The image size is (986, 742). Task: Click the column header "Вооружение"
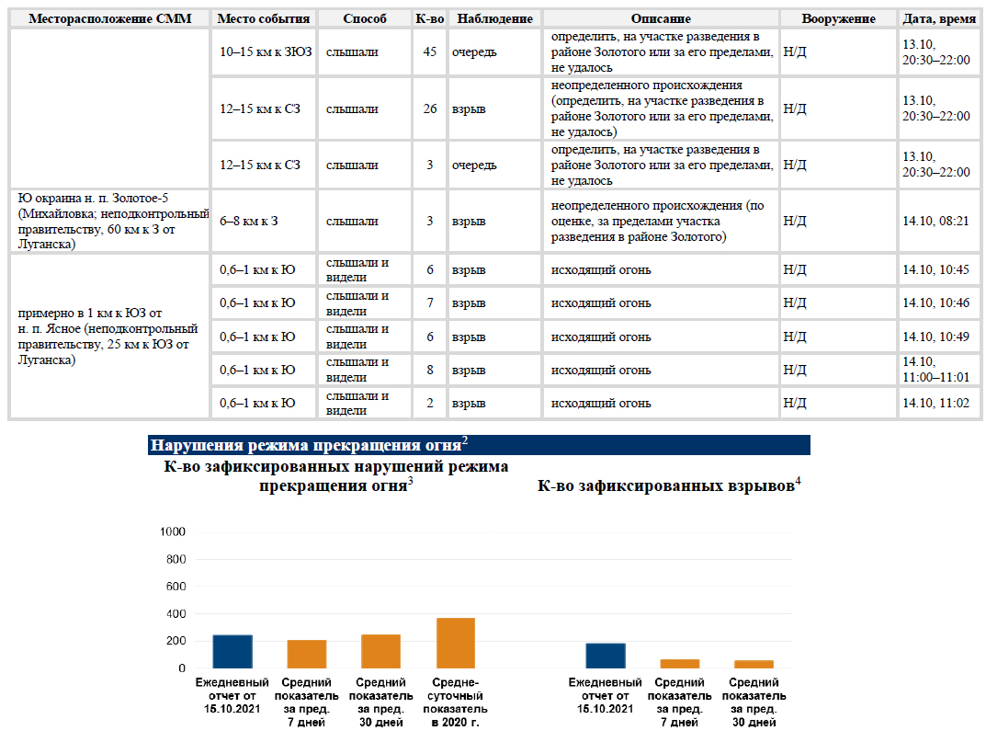coord(838,19)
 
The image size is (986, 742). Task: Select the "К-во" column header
coord(429,19)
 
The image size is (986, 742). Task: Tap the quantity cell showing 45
coord(429,51)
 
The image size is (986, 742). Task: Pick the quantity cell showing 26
coord(429,108)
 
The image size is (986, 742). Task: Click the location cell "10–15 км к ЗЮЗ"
coord(266,51)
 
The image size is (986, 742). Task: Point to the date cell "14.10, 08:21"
coord(935,221)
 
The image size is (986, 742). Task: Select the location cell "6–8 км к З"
coord(248,221)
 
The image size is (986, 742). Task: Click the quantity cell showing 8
coord(429,370)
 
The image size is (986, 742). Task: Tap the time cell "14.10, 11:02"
coord(935,404)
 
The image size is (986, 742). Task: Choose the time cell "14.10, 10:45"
coord(935,270)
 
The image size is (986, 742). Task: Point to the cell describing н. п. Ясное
coord(108,337)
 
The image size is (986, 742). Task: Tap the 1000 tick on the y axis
coord(173,531)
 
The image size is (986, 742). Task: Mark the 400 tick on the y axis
coord(176,613)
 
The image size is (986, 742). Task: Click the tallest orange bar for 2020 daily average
coord(455,644)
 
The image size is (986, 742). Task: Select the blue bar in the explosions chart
coord(605,656)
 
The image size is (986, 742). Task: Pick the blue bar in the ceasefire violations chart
coord(232,652)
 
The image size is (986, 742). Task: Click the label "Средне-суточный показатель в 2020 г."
coord(455,702)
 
